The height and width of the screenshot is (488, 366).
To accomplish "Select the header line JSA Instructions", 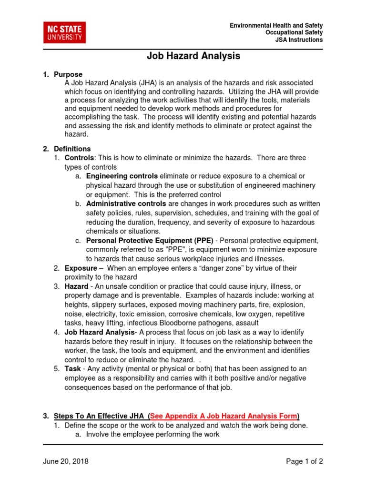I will click(299, 40).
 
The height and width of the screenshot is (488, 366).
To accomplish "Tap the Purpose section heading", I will click(68, 74).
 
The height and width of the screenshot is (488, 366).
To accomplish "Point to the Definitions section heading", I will click(72, 149).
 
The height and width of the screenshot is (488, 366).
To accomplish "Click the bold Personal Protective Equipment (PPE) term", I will click(150, 241).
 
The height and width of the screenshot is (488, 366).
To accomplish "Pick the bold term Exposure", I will click(81, 268).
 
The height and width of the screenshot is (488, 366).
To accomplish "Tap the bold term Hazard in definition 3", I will click(76, 286).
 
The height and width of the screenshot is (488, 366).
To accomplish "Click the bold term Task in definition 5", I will click(72, 369).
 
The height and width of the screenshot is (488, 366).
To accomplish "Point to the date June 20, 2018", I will click(66, 461).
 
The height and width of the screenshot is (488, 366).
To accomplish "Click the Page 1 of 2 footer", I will click(304, 461).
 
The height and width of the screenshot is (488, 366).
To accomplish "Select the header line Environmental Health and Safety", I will click(276, 25).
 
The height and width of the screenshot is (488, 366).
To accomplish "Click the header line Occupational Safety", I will click(294, 32).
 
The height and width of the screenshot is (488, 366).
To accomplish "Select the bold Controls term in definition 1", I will click(80, 158).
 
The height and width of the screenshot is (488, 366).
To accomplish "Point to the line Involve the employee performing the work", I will click(152, 434).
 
